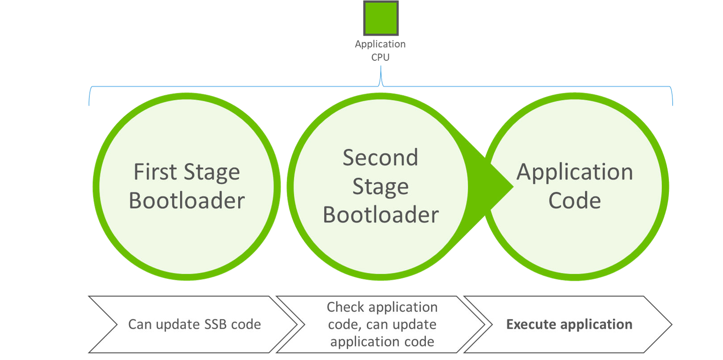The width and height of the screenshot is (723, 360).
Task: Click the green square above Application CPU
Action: click(x=381, y=18)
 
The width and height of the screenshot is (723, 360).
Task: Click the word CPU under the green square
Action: click(x=380, y=57)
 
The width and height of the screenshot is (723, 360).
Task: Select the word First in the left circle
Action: click(x=155, y=172)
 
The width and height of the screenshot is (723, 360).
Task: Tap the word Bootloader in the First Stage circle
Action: click(x=187, y=201)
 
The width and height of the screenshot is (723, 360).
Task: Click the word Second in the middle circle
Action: click(x=380, y=158)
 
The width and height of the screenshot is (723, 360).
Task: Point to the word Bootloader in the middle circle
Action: click(x=381, y=215)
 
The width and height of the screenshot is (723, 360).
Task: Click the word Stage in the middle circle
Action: click(x=380, y=186)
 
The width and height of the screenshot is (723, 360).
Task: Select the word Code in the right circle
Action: click(x=574, y=201)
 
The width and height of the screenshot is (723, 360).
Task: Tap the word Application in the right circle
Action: click(x=575, y=172)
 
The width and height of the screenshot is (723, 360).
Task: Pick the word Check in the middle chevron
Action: click(x=345, y=307)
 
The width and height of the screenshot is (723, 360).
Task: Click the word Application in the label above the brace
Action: click(x=380, y=44)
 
